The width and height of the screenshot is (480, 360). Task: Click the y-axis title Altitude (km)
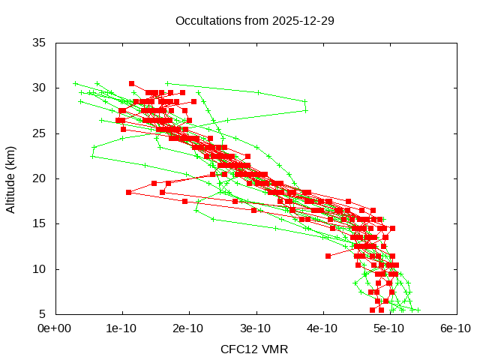point(10,178)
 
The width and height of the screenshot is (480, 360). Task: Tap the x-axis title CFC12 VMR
point(255,349)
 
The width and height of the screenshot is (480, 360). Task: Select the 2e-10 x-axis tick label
point(189,328)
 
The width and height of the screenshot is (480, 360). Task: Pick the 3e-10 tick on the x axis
point(256,328)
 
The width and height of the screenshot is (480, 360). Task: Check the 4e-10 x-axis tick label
point(322,328)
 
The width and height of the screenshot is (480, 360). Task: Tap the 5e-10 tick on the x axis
point(389,328)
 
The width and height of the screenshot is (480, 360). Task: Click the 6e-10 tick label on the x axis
point(456,328)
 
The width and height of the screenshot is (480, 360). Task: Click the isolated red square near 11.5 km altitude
point(328,256)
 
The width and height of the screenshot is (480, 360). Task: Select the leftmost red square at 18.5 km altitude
point(129,192)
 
